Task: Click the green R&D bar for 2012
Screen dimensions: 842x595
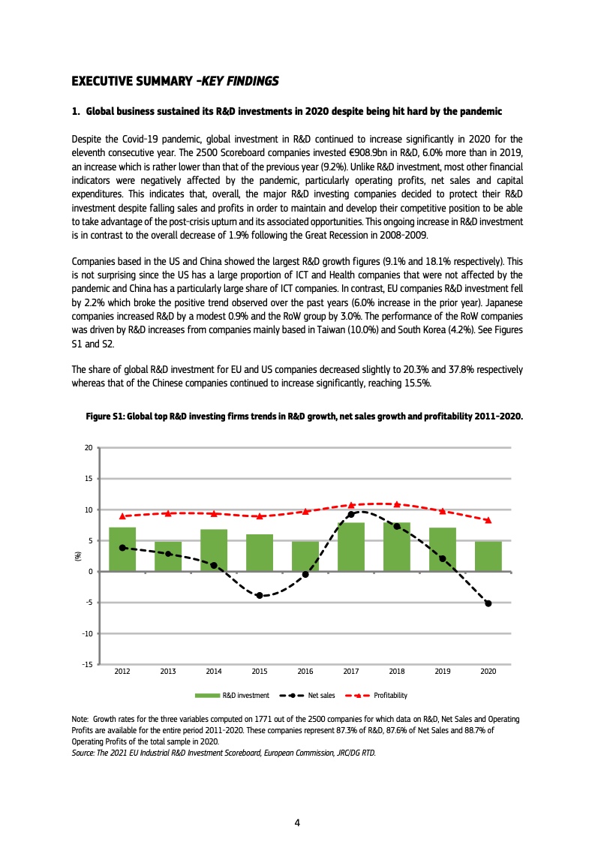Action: pos(122,549)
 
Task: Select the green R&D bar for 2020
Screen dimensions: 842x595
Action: pos(488,556)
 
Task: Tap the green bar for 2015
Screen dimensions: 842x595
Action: pos(260,552)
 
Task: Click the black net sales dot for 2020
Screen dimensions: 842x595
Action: pos(488,603)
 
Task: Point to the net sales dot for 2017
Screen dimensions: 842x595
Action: pos(351,514)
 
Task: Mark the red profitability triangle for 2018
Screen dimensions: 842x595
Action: pos(397,504)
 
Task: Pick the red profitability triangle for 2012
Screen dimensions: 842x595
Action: pos(122,516)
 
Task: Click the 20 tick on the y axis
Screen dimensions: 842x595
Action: pos(88,448)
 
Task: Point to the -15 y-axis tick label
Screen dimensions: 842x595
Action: pos(86,665)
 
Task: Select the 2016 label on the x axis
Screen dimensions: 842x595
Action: pos(305,672)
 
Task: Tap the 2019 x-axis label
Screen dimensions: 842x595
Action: pos(443,672)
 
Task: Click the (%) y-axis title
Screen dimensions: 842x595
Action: pos(77,556)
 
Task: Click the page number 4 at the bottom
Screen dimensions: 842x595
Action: pos(297,822)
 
